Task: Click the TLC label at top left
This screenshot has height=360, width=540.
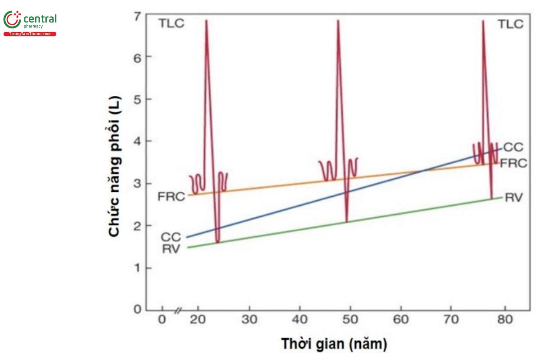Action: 171,24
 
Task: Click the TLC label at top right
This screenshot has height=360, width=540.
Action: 510,24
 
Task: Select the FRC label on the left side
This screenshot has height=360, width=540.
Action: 171,196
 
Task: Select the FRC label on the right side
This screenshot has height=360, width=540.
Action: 513,163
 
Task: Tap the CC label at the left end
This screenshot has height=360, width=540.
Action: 171,237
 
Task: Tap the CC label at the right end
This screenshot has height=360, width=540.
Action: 513,147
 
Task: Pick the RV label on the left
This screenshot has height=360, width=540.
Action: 171,248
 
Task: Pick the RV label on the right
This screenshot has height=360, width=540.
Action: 513,197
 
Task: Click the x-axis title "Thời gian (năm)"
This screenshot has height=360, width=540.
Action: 334,344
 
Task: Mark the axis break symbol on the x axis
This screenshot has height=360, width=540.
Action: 179,310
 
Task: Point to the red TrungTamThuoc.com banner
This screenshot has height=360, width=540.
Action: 30,34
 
